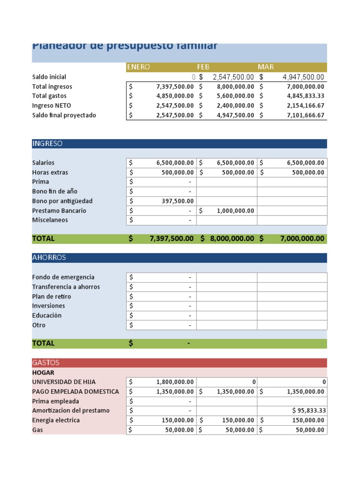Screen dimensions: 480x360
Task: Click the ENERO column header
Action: [x=138, y=67]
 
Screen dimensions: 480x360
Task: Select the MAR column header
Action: [x=266, y=67]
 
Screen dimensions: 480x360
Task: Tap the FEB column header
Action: [x=203, y=67]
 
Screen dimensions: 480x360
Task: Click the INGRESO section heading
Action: [x=47, y=143]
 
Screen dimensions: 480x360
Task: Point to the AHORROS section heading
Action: [x=49, y=257]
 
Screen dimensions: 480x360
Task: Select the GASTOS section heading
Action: [x=46, y=362]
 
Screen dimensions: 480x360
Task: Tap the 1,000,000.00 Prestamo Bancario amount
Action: [x=235, y=211]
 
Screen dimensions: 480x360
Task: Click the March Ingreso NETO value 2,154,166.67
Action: [x=305, y=106]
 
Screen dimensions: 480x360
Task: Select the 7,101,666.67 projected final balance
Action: [x=305, y=115]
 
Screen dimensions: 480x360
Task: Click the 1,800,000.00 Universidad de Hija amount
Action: [x=175, y=382]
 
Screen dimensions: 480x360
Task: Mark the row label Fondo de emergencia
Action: [x=63, y=277]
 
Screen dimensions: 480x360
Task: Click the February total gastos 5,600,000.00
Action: [x=235, y=96]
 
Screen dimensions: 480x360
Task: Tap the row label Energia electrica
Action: [x=56, y=420]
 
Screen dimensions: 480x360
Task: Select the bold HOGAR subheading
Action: [x=43, y=373]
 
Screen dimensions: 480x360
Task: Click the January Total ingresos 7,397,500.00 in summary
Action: [x=175, y=87]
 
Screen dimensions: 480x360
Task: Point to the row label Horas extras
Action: [x=50, y=172]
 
